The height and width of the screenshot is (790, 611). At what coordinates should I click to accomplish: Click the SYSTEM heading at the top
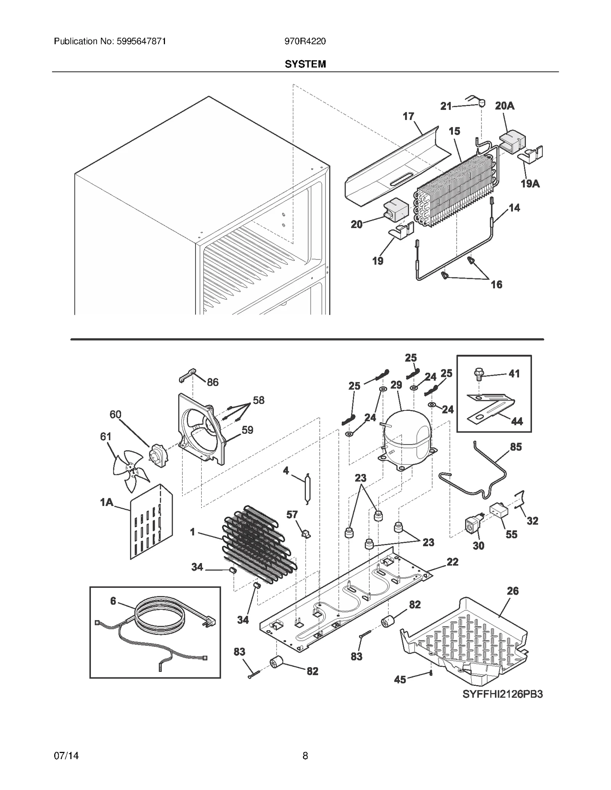pyautogui.click(x=305, y=64)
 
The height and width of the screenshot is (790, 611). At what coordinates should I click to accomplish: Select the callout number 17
pyautogui.click(x=408, y=116)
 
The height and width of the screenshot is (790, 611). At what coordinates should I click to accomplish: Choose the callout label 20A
pyautogui.click(x=504, y=106)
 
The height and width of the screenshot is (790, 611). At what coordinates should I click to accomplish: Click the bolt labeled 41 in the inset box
pyautogui.click(x=478, y=374)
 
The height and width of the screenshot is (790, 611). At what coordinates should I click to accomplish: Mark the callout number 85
pyautogui.click(x=516, y=447)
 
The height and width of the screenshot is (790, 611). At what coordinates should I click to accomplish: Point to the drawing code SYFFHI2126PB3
pyautogui.click(x=503, y=705)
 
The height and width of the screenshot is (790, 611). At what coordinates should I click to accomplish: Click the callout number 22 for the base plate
pyautogui.click(x=452, y=562)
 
